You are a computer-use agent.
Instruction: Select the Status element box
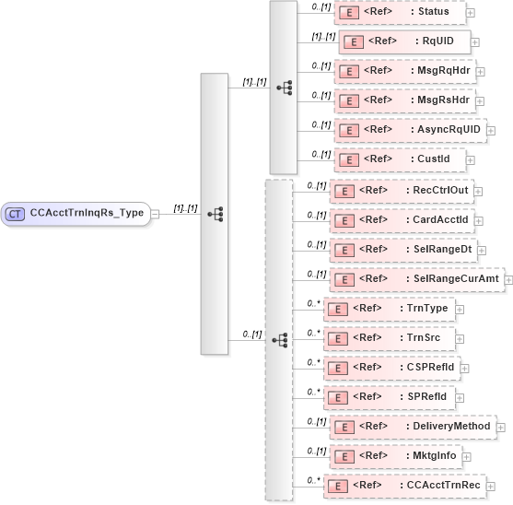[x=400, y=12]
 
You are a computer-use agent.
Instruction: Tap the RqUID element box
[x=404, y=41]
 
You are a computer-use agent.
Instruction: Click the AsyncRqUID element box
[x=411, y=130]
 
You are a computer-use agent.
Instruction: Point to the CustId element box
[x=400, y=159]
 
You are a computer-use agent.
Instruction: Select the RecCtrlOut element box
[x=406, y=191]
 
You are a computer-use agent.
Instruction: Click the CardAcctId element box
[x=406, y=220]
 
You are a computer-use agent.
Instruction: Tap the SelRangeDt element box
[x=406, y=250]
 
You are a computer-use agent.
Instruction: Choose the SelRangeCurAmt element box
[x=415, y=279]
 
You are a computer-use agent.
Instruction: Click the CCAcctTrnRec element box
[x=405, y=486]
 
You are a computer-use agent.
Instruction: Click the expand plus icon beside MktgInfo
[x=465, y=456]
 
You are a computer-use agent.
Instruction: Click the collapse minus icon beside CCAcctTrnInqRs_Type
[x=155, y=214]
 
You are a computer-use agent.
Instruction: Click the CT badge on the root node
[x=15, y=214]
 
